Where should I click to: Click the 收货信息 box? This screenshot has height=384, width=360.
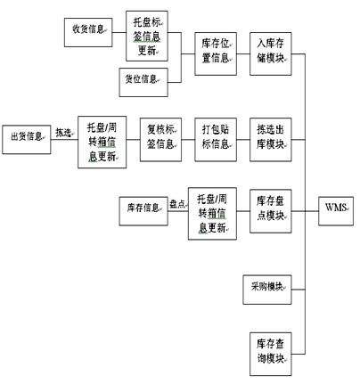tap(88, 32)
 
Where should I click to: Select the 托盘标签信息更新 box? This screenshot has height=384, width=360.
tap(147, 37)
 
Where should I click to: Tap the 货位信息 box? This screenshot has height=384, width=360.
tap(143, 82)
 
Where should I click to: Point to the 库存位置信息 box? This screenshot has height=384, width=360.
tap(216, 53)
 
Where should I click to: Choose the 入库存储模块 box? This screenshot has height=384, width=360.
tap(271, 53)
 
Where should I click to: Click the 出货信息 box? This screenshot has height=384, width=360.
tap(27, 140)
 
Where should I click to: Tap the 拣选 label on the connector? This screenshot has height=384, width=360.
tap(63, 133)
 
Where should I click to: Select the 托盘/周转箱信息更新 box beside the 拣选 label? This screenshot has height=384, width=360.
tap(102, 143)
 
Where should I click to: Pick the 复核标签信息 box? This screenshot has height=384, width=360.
tap(160, 140)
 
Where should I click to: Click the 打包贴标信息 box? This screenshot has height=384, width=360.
tap(216, 140)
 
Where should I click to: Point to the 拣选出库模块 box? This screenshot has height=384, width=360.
tap(271, 140)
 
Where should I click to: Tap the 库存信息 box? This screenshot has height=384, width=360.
tap(143, 211)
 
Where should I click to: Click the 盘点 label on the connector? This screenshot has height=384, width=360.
tap(177, 204)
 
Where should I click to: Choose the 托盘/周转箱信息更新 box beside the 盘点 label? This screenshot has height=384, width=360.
tap(212, 214)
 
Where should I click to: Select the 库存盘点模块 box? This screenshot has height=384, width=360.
tap(271, 211)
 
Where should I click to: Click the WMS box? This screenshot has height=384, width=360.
tap(336, 211)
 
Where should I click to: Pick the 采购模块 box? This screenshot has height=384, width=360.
tap(267, 290)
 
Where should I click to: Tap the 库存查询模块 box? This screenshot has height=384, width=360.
tap(271, 354)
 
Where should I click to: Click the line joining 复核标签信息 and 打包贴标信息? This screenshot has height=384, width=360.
tap(188, 140)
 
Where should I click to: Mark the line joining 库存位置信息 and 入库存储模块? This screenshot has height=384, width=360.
tap(243, 54)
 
